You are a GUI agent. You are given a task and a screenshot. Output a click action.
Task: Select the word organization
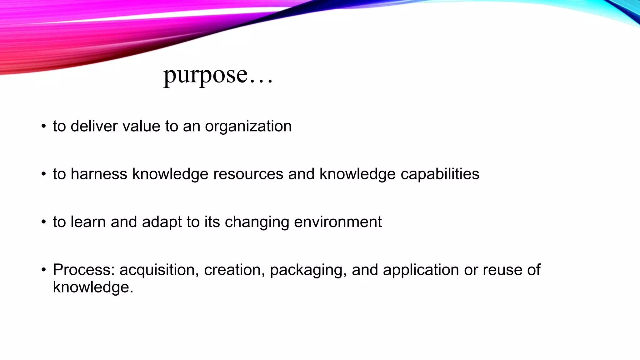[248, 127]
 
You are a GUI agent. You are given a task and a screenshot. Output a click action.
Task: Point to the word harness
[99, 174]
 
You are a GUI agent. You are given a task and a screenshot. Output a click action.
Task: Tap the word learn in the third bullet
[88, 222]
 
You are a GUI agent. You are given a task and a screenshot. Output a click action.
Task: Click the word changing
[257, 222]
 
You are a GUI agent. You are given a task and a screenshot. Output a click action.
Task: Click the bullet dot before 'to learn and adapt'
[44, 222]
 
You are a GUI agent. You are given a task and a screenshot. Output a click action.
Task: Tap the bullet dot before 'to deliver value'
[44, 127]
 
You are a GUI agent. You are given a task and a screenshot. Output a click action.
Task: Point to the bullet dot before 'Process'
[44, 270]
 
